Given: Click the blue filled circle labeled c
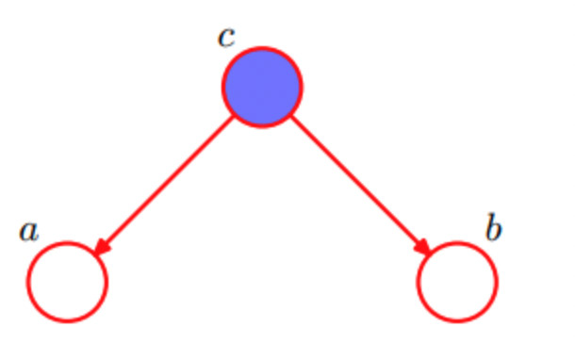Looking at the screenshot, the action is (x=262, y=88).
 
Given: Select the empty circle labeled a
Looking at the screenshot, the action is (x=67, y=282).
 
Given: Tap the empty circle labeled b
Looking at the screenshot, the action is (x=457, y=282).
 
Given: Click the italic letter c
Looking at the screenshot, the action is (x=226, y=38).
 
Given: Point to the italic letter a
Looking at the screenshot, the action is (x=29, y=230).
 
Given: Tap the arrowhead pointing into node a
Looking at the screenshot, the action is (x=101, y=248).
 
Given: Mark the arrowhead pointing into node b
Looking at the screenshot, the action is (x=423, y=248).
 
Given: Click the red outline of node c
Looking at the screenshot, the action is (x=262, y=48).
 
